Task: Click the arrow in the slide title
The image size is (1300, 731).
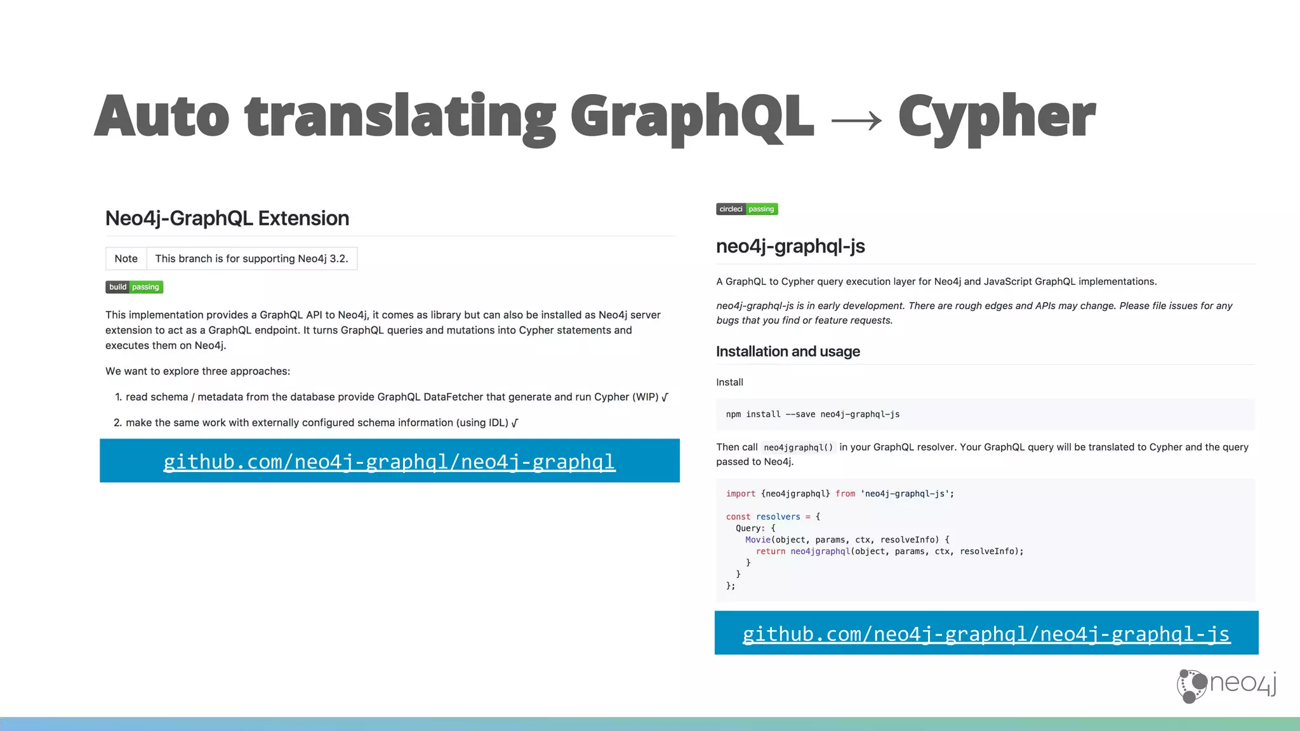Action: (x=856, y=120)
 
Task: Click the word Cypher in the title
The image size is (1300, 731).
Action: (x=997, y=117)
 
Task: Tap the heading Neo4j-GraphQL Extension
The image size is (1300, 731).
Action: (x=227, y=218)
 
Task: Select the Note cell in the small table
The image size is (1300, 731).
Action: (x=126, y=259)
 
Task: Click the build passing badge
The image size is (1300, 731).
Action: (x=134, y=287)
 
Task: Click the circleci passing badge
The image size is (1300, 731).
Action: (x=746, y=209)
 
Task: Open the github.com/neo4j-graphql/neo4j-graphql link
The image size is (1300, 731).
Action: (x=389, y=461)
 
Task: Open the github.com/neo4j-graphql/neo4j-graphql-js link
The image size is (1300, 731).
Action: (x=986, y=634)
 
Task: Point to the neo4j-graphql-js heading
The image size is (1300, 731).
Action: (x=790, y=246)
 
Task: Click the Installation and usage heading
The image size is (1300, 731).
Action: (x=788, y=352)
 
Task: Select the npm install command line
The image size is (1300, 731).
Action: (x=812, y=414)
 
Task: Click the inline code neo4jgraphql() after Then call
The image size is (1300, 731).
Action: (x=798, y=447)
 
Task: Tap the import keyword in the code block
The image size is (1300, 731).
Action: (x=740, y=494)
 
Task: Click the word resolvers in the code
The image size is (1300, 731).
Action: (x=778, y=517)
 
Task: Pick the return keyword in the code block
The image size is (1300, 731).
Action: (x=770, y=551)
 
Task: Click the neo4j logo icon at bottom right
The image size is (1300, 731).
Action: (x=1191, y=685)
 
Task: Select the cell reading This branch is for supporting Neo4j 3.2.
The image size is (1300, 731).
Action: (x=251, y=259)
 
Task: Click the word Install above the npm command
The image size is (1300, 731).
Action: (x=729, y=382)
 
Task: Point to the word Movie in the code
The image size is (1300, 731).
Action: (x=757, y=540)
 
